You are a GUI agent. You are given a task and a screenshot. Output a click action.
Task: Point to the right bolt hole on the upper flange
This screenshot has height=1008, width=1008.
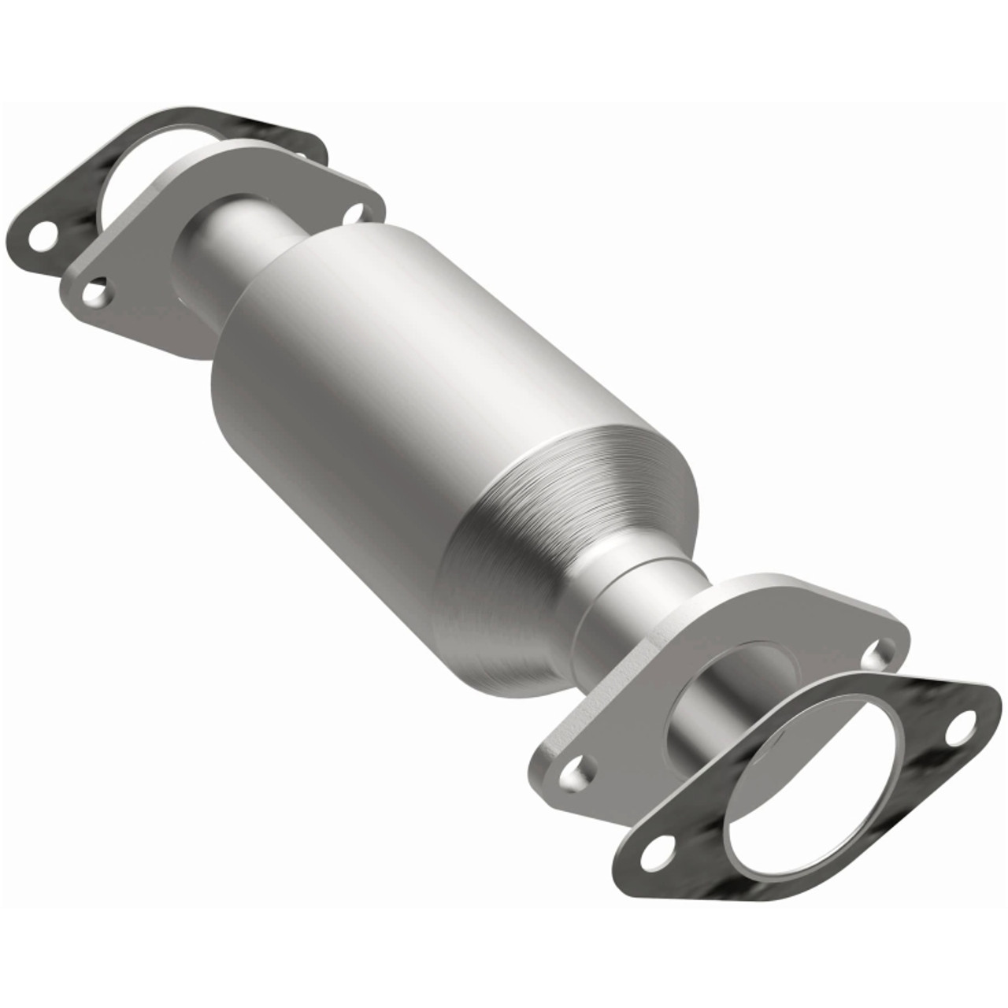pos(357,212)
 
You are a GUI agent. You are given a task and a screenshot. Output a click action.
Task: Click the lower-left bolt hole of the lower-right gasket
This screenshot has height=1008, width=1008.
pos(656,854)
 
